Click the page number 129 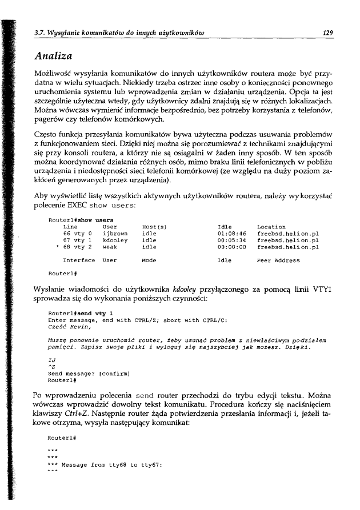click(327, 33)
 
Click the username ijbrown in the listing click(114, 234)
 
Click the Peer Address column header click(278, 260)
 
